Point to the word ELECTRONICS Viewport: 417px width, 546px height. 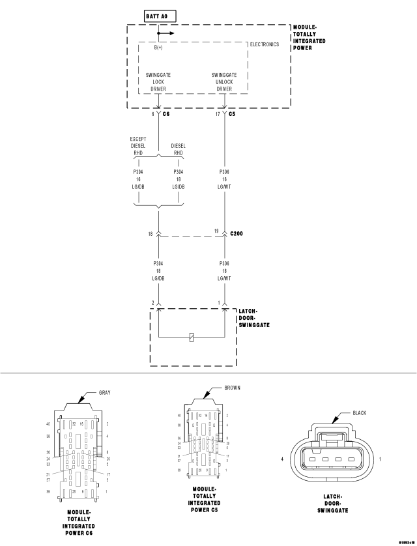point(265,44)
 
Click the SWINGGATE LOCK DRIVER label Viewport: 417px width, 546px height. point(158,81)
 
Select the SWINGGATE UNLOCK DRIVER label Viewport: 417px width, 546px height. point(224,81)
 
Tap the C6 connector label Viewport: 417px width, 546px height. point(166,114)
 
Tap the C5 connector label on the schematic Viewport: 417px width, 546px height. point(231,114)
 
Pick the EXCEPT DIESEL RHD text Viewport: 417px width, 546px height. point(139,146)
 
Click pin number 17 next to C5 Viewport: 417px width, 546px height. point(217,114)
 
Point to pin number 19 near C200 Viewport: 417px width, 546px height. point(217,231)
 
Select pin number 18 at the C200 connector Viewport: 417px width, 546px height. point(150,233)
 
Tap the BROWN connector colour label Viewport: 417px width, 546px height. point(232,388)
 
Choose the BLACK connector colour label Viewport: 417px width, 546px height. point(360,413)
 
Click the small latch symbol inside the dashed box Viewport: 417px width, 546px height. point(190,337)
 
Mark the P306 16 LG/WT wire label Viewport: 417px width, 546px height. point(224,180)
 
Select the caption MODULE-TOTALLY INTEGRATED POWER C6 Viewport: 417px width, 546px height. point(79,522)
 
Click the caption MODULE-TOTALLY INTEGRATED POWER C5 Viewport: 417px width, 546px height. point(204,499)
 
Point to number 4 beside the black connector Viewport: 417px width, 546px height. point(282,459)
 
